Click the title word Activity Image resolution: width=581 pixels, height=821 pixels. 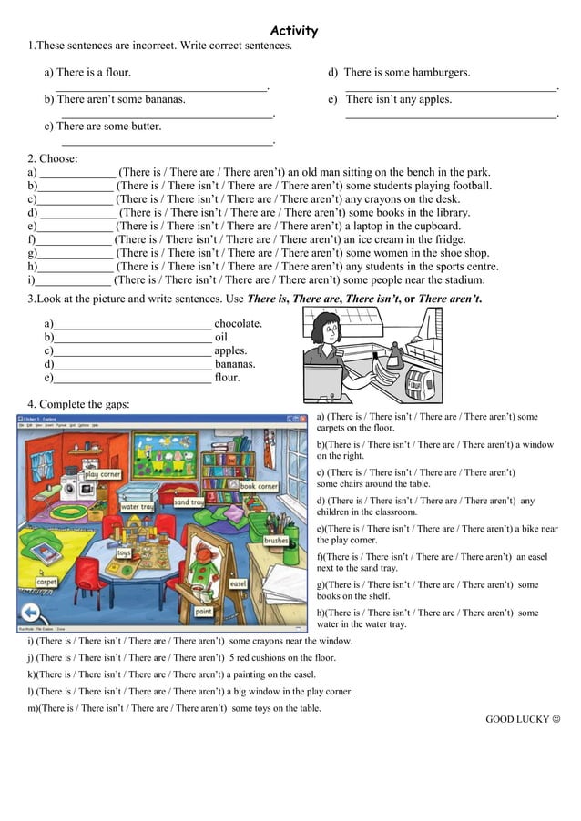[294, 31]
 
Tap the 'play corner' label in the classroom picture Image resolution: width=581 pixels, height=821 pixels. [102, 474]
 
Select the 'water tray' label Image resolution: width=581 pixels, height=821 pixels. [136, 507]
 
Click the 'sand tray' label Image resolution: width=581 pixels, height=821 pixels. [189, 502]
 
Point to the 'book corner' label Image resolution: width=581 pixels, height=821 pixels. [259, 486]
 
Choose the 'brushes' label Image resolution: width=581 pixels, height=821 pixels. [275, 540]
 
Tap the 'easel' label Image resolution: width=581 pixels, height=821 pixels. [239, 583]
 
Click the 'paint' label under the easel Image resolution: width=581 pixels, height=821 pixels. [204, 612]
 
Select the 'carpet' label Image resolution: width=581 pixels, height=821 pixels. [46, 582]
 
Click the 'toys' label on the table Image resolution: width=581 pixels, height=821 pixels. [124, 552]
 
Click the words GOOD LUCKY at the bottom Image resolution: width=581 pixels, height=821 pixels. [516, 719]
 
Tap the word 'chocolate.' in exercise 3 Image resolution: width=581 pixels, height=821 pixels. [239, 323]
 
